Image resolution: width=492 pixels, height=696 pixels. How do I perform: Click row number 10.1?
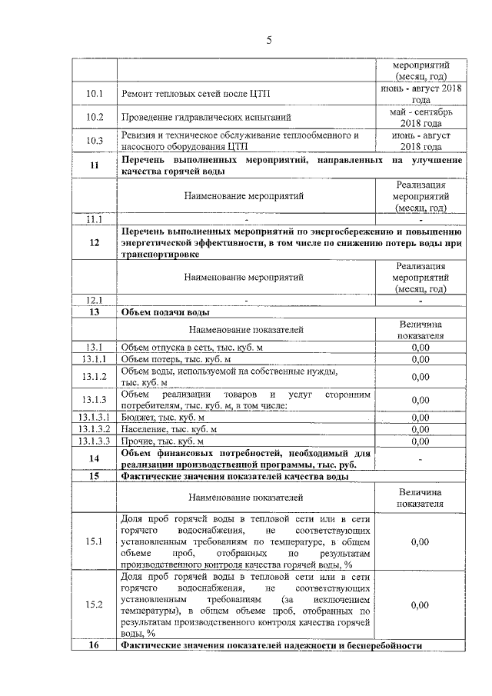(x=95, y=95)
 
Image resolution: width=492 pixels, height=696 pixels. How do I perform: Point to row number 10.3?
(x=95, y=141)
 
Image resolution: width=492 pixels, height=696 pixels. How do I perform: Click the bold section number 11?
(x=95, y=166)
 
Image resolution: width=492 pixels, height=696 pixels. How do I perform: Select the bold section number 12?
(x=95, y=242)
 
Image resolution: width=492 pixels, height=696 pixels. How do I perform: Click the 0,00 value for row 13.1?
(x=420, y=347)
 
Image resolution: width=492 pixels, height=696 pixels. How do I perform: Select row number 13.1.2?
(x=95, y=377)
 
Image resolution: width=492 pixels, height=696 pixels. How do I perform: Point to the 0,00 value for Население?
(x=420, y=430)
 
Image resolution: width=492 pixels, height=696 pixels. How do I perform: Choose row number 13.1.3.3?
(x=95, y=442)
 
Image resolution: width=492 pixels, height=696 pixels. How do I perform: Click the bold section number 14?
(x=95, y=459)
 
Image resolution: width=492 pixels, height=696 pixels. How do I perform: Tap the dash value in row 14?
(x=420, y=459)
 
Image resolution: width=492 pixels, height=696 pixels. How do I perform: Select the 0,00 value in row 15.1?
(x=420, y=542)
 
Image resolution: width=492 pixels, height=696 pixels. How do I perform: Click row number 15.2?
(x=95, y=605)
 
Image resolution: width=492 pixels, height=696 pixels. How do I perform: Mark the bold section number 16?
(x=95, y=645)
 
